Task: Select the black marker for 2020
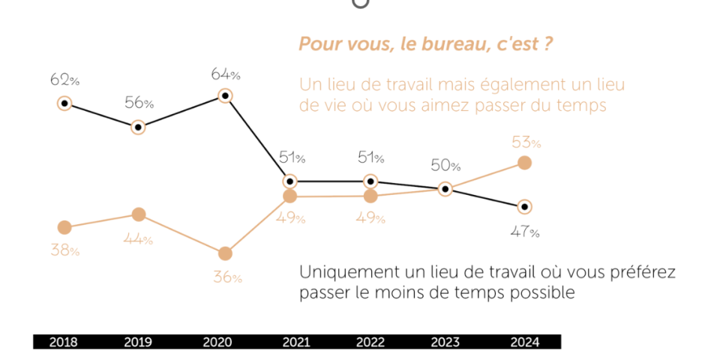click(x=224, y=95)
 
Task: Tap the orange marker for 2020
click(x=224, y=253)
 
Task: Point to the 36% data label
click(x=227, y=277)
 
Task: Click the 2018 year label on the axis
click(x=63, y=342)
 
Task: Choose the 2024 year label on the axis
click(x=524, y=342)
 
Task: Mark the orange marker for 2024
click(x=524, y=163)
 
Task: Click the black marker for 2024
click(x=524, y=206)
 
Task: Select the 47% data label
click(x=524, y=231)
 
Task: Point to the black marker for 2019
click(x=138, y=127)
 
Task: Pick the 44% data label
click(x=138, y=240)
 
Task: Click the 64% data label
click(x=225, y=74)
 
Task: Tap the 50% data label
click(x=445, y=166)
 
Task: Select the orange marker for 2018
click(x=64, y=227)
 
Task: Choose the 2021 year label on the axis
click(x=295, y=342)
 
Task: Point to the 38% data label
click(x=64, y=250)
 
